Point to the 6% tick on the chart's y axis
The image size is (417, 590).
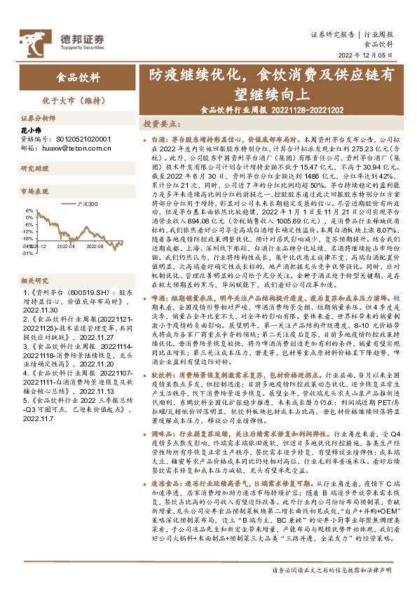tap(29, 210)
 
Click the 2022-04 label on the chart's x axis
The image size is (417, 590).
tap(67, 247)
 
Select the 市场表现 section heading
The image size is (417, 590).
tap(36, 190)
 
